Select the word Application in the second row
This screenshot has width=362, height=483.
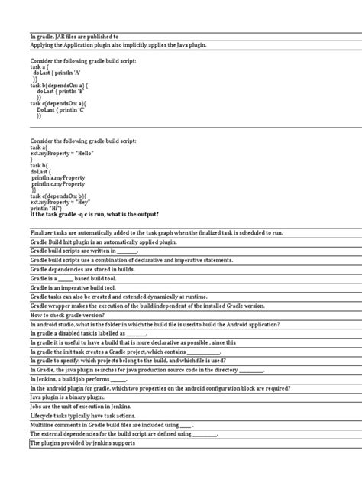coord(71,45)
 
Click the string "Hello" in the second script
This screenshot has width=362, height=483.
coord(82,152)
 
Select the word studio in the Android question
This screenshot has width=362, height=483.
coord(68,324)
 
